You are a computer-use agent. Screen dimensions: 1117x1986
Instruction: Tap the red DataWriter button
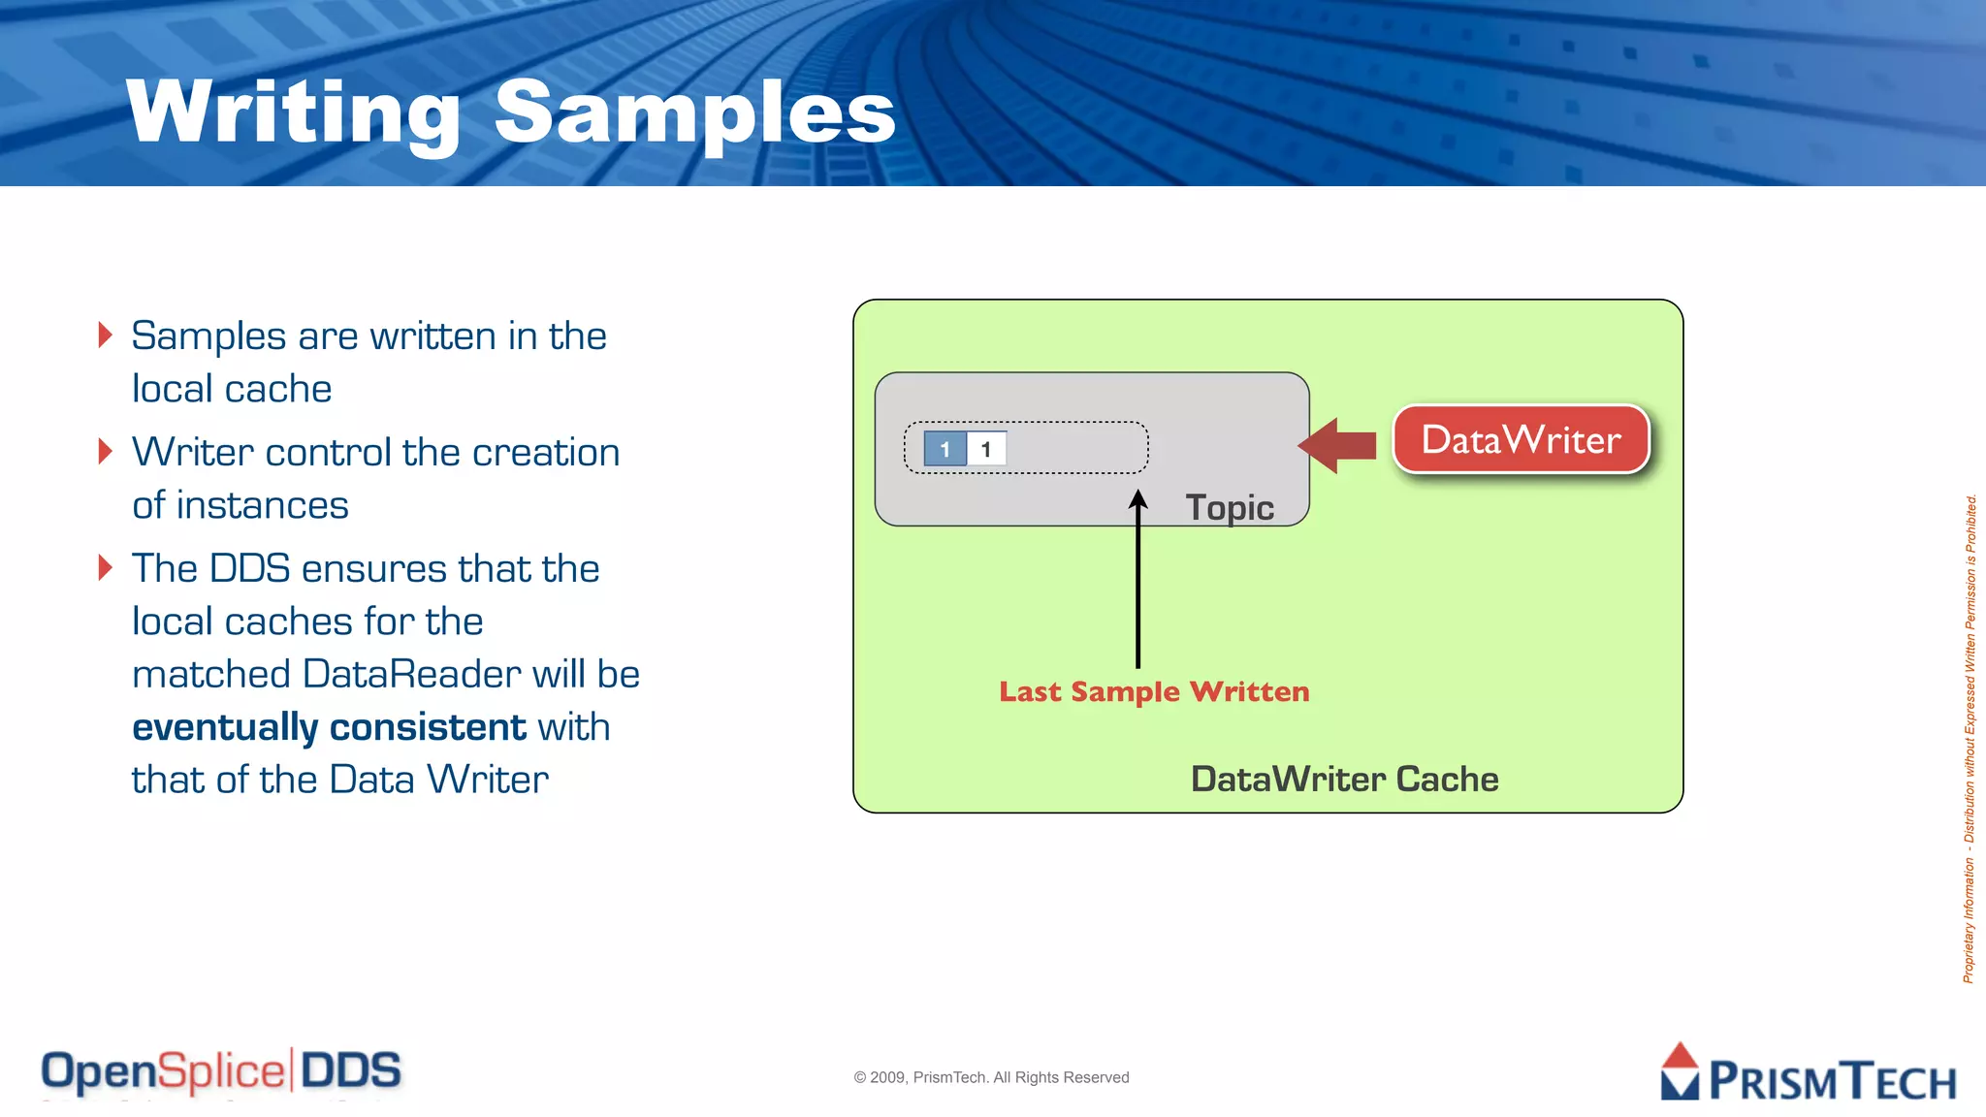pyautogui.click(x=1521, y=440)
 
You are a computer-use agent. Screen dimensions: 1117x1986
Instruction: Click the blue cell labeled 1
pyautogui.click(x=945, y=449)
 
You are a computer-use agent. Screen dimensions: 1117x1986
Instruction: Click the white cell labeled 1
pyautogui.click(x=986, y=449)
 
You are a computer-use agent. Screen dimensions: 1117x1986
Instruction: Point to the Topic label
pyautogui.click(x=1229, y=508)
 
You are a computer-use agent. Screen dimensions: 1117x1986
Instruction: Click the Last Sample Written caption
pyautogui.click(x=1154, y=691)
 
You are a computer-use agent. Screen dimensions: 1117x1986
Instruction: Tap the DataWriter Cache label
pyautogui.click(x=1344, y=779)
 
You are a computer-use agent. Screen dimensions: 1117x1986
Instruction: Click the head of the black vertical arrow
pyautogui.click(x=1138, y=499)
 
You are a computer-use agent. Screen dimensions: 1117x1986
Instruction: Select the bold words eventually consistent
pyautogui.click(x=329, y=727)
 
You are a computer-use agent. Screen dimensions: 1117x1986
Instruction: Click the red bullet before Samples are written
pyautogui.click(x=106, y=335)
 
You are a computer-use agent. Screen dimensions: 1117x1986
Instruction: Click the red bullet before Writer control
pyautogui.click(x=106, y=451)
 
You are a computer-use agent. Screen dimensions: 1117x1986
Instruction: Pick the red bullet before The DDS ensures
pyautogui.click(x=106, y=567)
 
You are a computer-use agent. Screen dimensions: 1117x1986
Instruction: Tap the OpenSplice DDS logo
pyautogui.click(x=221, y=1071)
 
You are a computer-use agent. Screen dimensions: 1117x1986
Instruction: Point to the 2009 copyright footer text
pyautogui.click(x=991, y=1077)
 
